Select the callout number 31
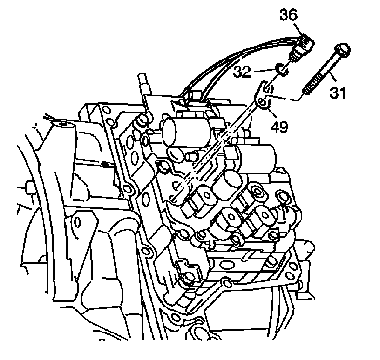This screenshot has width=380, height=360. click(x=338, y=93)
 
